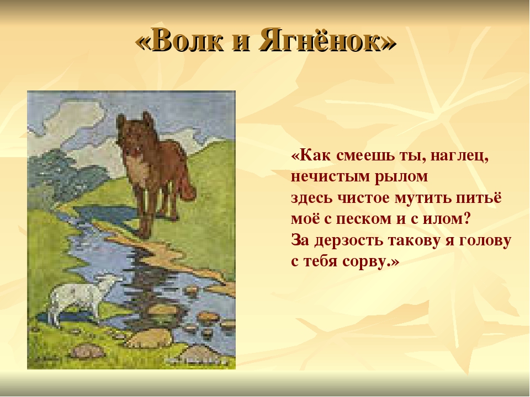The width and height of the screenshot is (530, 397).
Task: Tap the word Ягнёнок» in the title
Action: click(327, 40)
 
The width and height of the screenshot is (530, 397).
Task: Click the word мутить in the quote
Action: click(422, 198)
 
